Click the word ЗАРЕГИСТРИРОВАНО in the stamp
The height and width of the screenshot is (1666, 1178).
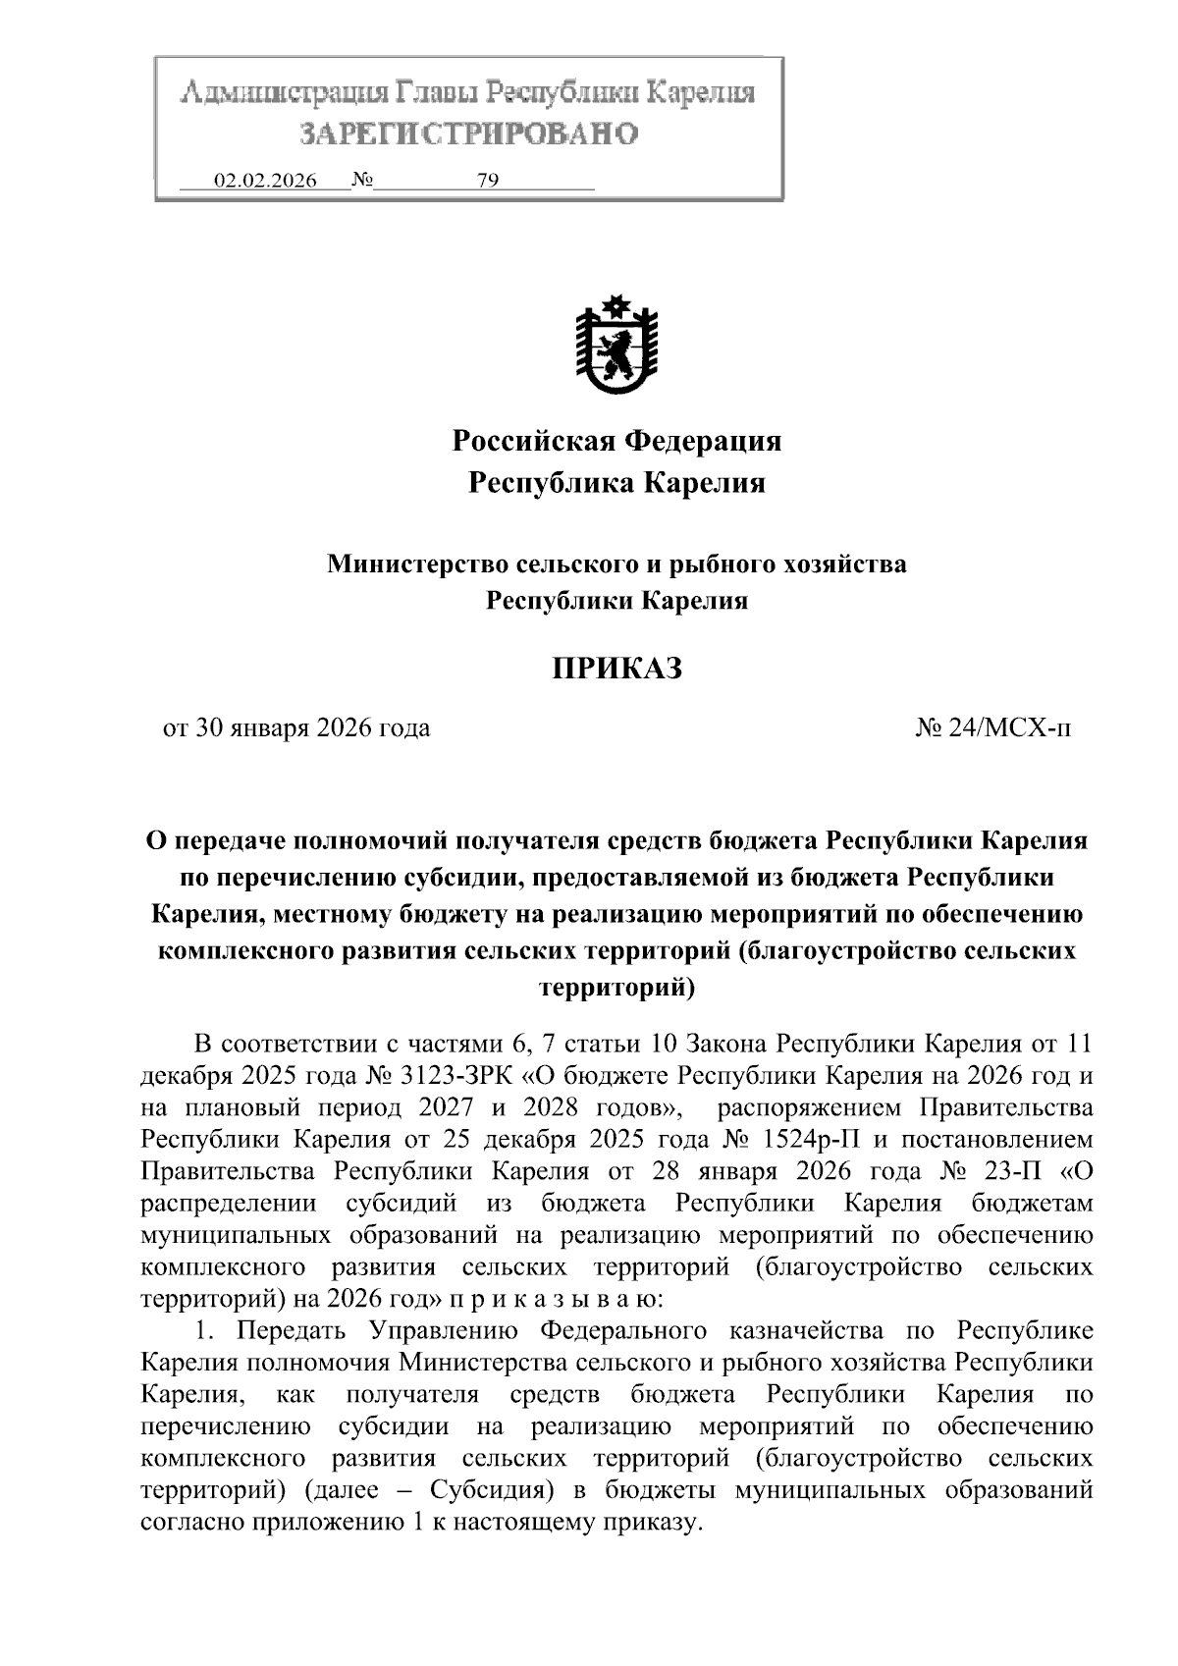tap(468, 134)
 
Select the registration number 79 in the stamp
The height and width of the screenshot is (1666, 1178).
tap(488, 181)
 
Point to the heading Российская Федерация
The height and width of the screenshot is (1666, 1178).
tap(616, 441)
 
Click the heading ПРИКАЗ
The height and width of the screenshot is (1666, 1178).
tap(616, 670)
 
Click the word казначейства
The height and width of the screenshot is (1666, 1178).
tap(801, 1331)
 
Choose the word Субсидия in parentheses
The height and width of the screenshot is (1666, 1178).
tap(487, 1490)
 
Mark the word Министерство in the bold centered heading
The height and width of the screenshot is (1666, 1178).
tap(418, 564)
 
